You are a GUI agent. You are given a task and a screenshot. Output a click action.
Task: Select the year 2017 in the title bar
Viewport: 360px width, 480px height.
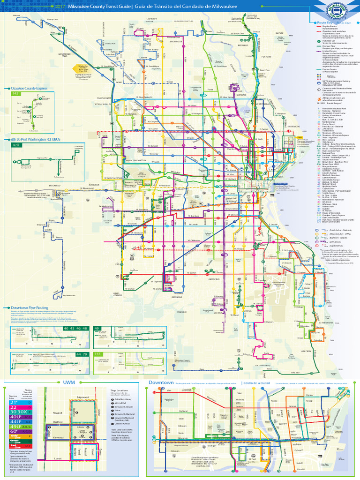[x=60, y=7]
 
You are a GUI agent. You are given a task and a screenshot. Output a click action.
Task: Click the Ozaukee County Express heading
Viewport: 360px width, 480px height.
[x=29, y=88]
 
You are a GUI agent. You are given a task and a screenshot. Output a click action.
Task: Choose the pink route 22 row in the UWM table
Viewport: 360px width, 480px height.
[x=14, y=407]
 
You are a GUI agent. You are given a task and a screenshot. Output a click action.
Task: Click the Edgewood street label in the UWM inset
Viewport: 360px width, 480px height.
[x=82, y=397]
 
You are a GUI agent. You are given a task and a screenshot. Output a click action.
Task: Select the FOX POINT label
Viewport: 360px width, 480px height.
[x=267, y=57]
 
